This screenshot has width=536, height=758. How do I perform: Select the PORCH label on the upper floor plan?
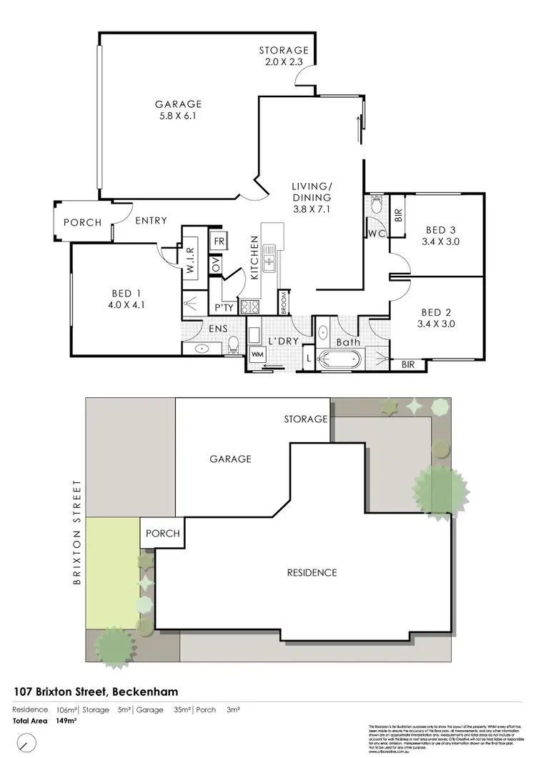pos(83,222)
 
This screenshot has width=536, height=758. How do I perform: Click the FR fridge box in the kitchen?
pos(219,241)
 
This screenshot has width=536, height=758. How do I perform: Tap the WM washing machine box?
pos(257,354)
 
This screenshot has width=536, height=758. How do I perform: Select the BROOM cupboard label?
pos(284,303)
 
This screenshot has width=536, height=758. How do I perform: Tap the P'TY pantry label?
pos(224,307)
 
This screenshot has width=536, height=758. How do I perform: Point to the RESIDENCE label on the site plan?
pos(312,573)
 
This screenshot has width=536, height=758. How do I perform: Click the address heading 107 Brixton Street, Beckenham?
pos(96,692)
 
